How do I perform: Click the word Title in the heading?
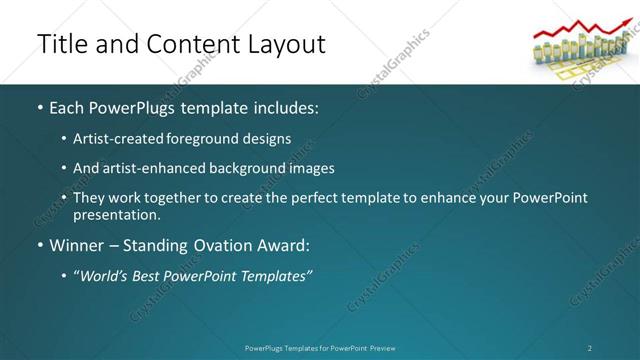tap(60, 44)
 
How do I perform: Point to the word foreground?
tap(215, 138)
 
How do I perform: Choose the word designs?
tap(269, 138)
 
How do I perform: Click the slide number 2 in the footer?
tap(589, 348)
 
